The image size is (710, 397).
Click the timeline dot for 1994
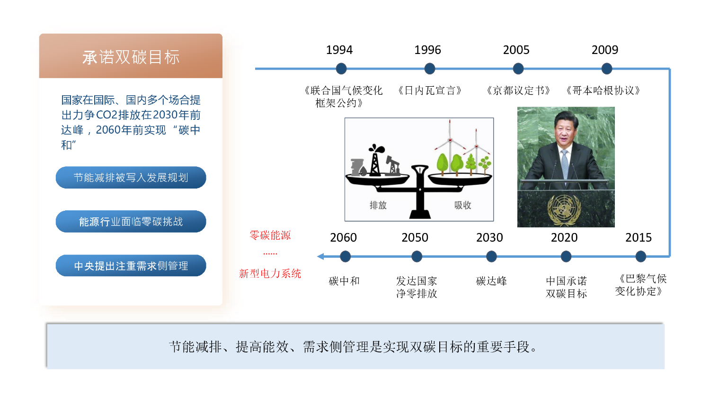341,69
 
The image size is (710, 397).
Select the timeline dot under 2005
518,69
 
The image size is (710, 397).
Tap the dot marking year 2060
345,256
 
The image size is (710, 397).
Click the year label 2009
605,50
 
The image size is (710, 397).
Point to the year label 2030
489,237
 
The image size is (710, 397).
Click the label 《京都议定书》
518,90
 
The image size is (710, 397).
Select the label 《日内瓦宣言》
429,90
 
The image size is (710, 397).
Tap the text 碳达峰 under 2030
491,281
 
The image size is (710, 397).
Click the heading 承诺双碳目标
131,57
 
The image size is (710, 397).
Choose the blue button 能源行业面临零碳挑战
131,222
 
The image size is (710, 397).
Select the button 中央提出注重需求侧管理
131,266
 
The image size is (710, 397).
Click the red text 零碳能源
270,235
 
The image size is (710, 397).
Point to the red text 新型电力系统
270,273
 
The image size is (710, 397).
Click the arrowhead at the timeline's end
320,256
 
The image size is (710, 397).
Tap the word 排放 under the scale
378,205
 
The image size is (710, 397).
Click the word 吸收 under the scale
463,205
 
